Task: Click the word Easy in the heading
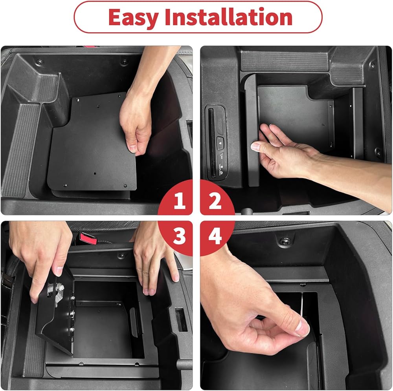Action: pyautogui.click(x=133, y=17)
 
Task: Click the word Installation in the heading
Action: pyautogui.click(x=228, y=17)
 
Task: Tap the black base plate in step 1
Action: pyautogui.click(x=92, y=142)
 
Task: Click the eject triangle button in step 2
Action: pyautogui.click(x=220, y=143)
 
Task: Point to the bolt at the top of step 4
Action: pyautogui.click(x=284, y=241)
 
